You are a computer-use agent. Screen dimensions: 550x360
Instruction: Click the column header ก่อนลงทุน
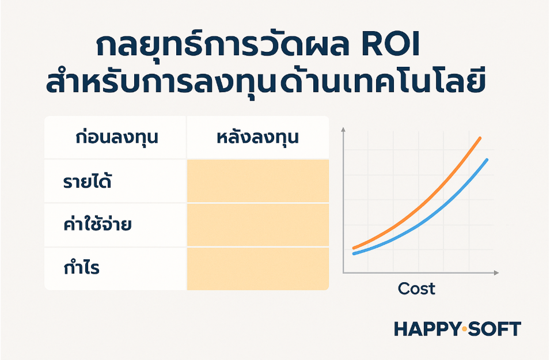[x=117, y=137]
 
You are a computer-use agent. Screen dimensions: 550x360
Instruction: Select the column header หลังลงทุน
[x=258, y=137]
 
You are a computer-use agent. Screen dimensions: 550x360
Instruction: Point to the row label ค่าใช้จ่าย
[x=97, y=223]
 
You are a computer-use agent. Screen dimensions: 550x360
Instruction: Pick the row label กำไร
[x=82, y=267]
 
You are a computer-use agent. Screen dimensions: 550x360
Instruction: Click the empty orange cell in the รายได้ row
[x=258, y=181]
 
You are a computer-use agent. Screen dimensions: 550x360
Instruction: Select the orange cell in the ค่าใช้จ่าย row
[x=258, y=225]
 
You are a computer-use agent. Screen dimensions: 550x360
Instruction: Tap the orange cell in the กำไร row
[x=258, y=269]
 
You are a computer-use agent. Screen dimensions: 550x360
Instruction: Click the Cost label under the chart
[x=416, y=289]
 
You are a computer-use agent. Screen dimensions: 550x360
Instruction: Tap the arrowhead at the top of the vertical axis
[x=343, y=130]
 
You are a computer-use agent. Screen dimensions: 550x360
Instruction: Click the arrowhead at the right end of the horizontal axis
[x=496, y=272]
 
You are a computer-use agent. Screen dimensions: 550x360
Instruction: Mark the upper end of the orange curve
[x=480, y=138]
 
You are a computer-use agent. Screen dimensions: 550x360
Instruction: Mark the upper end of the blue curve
[x=487, y=160]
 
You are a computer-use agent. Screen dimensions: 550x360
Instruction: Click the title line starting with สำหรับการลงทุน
[x=265, y=84]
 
